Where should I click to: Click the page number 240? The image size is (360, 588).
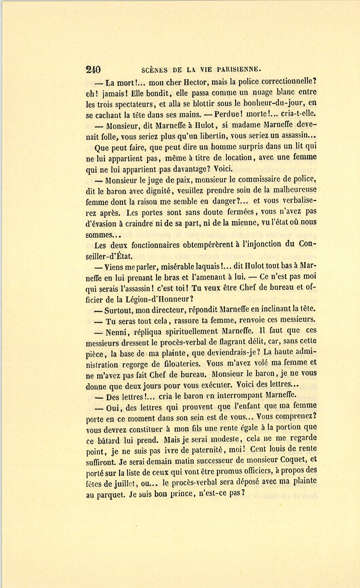point(93,70)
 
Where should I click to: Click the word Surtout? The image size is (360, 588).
point(118,310)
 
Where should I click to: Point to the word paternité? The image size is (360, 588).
point(215,450)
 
